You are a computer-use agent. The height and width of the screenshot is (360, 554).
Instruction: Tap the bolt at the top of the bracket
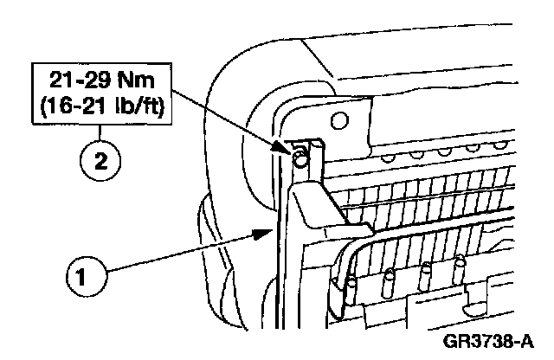click(x=299, y=158)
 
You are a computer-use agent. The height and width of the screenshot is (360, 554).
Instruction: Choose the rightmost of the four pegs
click(x=460, y=264)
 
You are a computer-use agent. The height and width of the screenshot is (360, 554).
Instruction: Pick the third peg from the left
click(x=426, y=273)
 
